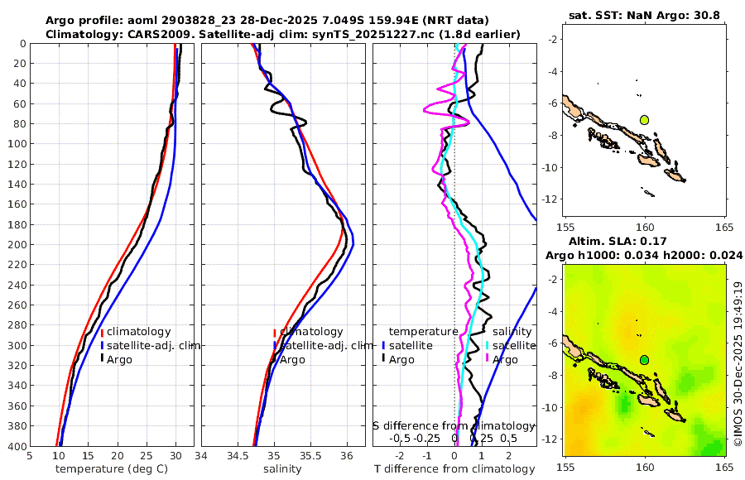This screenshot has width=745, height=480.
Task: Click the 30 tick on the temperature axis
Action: click(x=175, y=455)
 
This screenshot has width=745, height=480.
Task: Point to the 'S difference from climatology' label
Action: click(x=452, y=425)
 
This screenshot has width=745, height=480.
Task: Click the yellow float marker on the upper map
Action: click(x=644, y=120)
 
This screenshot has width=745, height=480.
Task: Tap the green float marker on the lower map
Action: click(x=644, y=360)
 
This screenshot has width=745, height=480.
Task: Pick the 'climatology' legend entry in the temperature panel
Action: click(x=138, y=331)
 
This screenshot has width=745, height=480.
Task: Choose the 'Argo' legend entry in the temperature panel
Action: click(x=119, y=359)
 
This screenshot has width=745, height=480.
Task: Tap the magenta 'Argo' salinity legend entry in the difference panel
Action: click(x=504, y=359)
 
